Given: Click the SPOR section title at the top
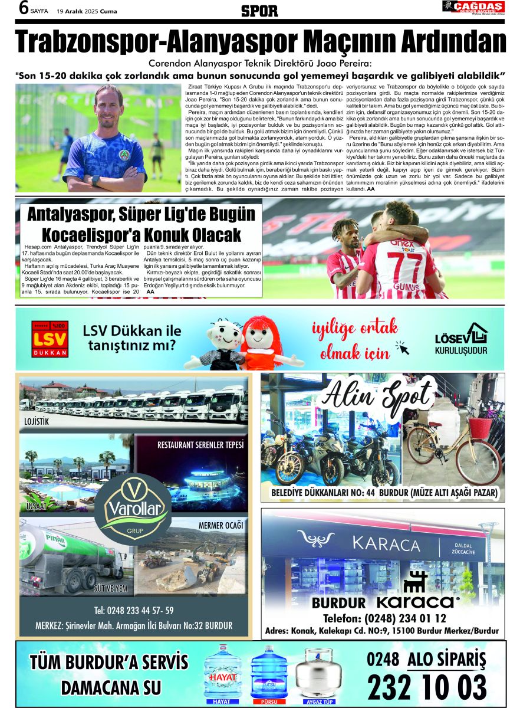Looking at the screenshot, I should point(259,10).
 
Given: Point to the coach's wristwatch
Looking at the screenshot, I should point(96,180).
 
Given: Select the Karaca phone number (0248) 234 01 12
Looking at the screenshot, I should point(384,618).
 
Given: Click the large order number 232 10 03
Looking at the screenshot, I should point(427,687).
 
